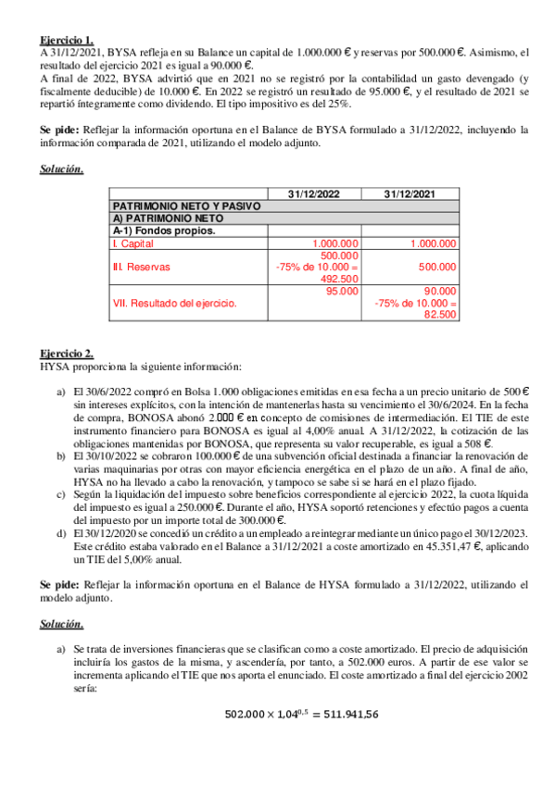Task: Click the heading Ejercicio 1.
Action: tap(67, 40)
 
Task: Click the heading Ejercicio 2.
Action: tap(67, 354)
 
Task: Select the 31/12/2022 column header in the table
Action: tap(314, 193)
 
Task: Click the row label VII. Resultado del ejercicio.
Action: tap(174, 303)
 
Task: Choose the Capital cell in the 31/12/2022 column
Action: tap(336, 243)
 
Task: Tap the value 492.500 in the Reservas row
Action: tap(339, 279)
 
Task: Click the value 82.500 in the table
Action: tap(439, 315)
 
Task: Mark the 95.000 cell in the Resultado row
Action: tap(343, 291)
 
